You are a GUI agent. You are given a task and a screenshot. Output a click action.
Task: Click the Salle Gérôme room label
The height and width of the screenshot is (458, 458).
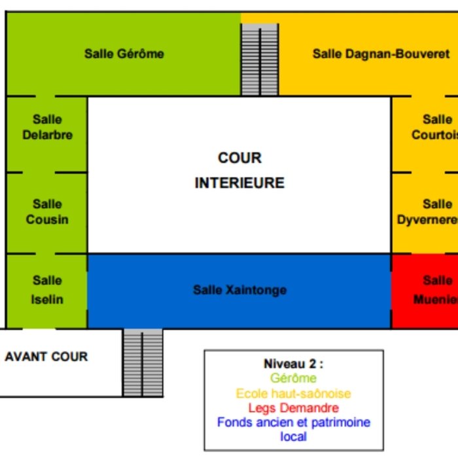pyautogui.click(x=124, y=54)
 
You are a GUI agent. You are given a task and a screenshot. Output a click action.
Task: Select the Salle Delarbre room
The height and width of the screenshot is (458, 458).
pyautogui.click(x=47, y=128)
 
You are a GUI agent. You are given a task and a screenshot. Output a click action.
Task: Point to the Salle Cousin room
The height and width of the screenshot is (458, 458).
pyautogui.click(x=47, y=212)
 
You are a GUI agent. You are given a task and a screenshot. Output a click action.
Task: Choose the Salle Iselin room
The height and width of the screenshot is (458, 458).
pyautogui.click(x=47, y=289)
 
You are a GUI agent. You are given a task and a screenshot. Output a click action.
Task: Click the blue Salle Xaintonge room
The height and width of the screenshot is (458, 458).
pyautogui.click(x=239, y=290)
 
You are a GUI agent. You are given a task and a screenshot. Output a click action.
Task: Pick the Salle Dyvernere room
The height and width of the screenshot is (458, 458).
pyautogui.click(x=429, y=212)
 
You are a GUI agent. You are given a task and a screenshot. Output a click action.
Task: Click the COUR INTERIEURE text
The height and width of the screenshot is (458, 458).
pyautogui.click(x=239, y=170)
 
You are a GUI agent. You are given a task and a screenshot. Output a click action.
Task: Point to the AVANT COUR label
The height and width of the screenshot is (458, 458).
pyautogui.click(x=46, y=357)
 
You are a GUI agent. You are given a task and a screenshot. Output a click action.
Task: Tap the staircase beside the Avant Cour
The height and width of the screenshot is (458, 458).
pyautogui.click(x=142, y=362)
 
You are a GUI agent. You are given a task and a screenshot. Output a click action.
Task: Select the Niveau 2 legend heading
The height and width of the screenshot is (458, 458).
pyautogui.click(x=293, y=364)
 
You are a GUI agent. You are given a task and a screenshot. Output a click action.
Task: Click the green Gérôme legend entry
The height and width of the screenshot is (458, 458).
pyautogui.click(x=293, y=378)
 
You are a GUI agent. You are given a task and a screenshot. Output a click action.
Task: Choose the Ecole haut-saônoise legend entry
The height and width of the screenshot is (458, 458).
pyautogui.click(x=293, y=393)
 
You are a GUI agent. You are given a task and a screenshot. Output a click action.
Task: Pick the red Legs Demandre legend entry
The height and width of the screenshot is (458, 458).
pyautogui.click(x=293, y=408)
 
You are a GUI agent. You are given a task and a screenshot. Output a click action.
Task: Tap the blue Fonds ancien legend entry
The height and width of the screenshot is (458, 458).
pyautogui.click(x=293, y=423)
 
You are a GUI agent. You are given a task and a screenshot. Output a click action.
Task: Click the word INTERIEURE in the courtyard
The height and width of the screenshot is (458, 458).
pyautogui.click(x=239, y=183)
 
